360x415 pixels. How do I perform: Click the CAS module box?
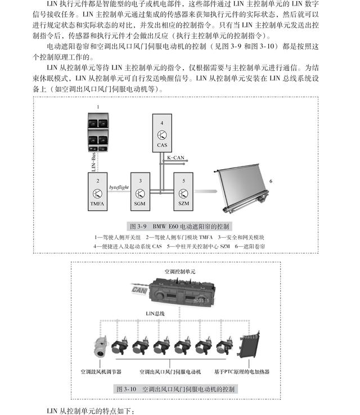click(x=162, y=134)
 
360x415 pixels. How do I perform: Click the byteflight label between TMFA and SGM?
click(x=119, y=187)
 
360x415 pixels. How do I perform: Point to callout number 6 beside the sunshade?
click(x=271, y=182)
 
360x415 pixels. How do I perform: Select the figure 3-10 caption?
click(x=175, y=389)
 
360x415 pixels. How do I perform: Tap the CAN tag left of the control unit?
click(x=139, y=289)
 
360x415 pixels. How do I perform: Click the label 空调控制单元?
click(x=180, y=271)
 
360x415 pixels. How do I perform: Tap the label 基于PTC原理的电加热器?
click(x=242, y=372)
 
